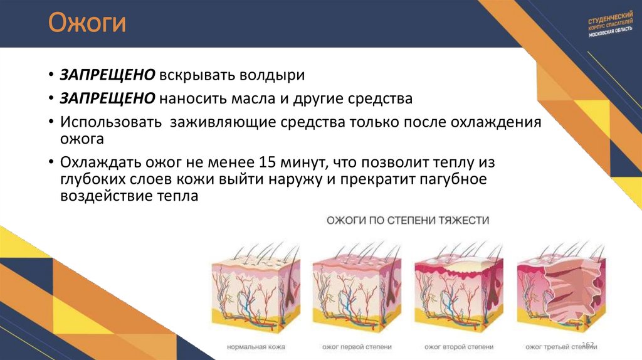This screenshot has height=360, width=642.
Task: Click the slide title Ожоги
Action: click(x=88, y=25)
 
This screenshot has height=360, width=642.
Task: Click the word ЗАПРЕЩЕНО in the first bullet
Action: click(x=107, y=75)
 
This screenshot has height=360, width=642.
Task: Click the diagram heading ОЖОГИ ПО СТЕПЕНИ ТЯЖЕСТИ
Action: click(x=407, y=221)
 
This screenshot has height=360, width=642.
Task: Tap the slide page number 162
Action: click(x=587, y=345)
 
